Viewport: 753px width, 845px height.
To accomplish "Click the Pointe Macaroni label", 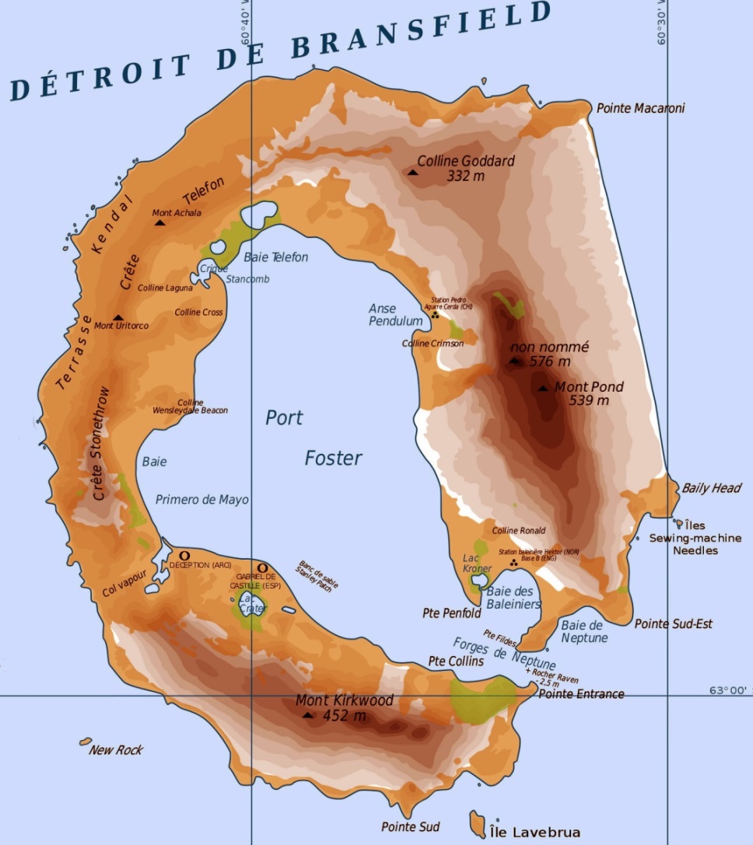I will pos(640,109).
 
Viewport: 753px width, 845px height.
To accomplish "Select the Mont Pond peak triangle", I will pos(542,388).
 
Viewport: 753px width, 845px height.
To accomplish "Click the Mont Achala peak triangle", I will pos(160,223).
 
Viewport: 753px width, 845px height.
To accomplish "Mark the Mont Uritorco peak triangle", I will pos(117,317).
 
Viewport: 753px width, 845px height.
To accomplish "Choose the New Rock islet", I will pos(86,742).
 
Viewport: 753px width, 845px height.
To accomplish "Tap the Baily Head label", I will pos(711,488).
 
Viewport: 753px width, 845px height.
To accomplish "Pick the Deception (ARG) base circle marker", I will pos(184,555).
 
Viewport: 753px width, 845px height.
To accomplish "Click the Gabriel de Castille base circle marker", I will pos(262,567).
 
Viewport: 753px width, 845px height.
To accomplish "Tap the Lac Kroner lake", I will pos(480,579).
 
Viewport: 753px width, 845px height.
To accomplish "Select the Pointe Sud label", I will pos(410,826).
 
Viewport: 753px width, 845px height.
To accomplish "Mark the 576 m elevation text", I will pos(549,361).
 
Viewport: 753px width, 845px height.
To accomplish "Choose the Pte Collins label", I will pos(456,661).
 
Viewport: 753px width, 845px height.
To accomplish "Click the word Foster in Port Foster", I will pos(333,459).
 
